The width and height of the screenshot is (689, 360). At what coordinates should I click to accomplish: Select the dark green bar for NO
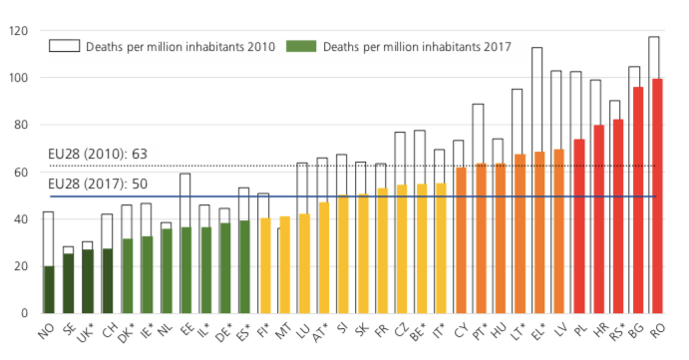click(x=48, y=289)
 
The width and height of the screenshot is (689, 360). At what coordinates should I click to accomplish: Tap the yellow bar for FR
click(x=383, y=250)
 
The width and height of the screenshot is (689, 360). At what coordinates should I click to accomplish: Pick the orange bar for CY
click(x=460, y=240)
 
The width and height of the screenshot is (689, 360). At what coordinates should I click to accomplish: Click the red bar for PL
click(x=577, y=226)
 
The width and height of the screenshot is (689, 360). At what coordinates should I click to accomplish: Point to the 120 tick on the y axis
click(x=18, y=31)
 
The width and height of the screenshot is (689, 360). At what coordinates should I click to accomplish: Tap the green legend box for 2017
click(x=299, y=46)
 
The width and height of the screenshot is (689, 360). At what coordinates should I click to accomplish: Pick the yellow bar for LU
click(x=304, y=263)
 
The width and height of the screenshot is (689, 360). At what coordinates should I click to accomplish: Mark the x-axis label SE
click(x=67, y=329)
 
